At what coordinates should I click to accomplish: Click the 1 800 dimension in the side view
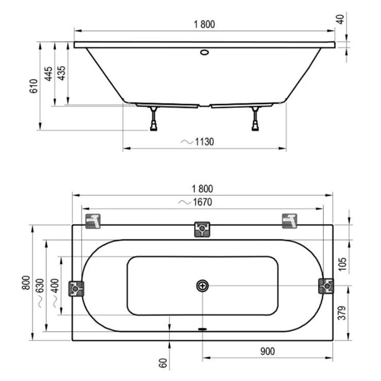[x=204, y=24]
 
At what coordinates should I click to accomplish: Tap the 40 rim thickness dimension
[x=340, y=20]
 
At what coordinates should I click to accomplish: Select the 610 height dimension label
[x=33, y=86]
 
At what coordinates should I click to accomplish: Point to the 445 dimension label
[x=48, y=74]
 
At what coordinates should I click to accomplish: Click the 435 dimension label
[x=61, y=73]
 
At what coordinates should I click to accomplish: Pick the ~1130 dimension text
[x=197, y=142]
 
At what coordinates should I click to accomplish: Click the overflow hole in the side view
[x=204, y=52]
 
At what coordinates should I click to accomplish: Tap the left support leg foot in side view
[x=153, y=127]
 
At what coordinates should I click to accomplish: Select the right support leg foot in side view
[x=255, y=127]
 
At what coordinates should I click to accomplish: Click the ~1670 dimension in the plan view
[x=195, y=202]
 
